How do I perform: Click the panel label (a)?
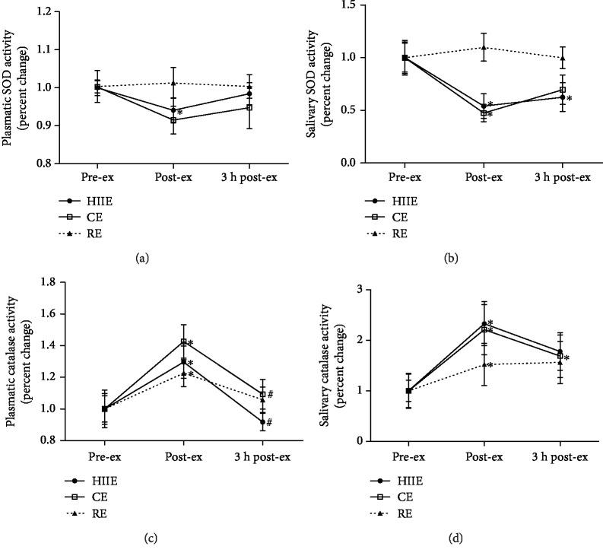[141, 259]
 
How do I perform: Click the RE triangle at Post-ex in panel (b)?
[484, 47]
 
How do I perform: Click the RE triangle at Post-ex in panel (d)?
[484, 364]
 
